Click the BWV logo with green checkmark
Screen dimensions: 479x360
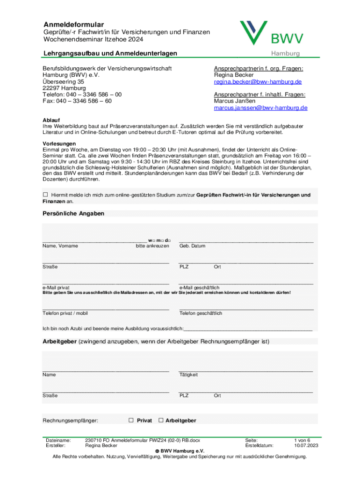272,34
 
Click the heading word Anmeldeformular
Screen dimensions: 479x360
74,24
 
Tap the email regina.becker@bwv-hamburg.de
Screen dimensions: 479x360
258,81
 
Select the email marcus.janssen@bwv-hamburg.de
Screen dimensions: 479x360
260,108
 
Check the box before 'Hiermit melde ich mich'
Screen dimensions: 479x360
45,195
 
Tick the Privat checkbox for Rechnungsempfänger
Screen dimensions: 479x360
131,420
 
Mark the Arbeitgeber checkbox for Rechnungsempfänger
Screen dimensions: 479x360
161,420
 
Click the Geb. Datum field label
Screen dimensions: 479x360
192,246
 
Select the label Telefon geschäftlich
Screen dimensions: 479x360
201,313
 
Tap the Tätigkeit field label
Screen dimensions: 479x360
188,374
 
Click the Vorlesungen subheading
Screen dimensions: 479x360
59,143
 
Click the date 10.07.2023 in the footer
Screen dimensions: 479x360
306,446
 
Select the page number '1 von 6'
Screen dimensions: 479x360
302,440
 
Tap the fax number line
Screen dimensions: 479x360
77,101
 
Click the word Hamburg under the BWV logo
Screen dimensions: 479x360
286,53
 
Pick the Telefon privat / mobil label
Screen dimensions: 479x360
65,313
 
